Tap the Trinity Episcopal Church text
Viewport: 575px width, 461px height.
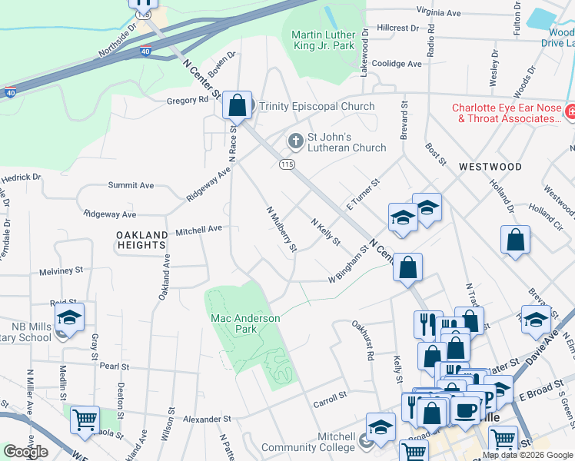point(317,107)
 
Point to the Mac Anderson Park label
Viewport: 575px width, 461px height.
point(246,323)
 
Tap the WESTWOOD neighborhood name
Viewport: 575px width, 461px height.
point(490,167)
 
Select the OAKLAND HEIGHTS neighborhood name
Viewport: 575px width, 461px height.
point(141,240)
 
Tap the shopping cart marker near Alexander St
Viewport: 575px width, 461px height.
point(85,420)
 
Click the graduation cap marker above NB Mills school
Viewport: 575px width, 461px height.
point(69,318)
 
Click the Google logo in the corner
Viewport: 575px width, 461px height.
point(25,452)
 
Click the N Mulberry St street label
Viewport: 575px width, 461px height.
point(281,228)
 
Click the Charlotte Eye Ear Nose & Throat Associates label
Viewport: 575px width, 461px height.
point(507,114)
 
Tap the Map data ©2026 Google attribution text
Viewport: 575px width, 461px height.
point(527,455)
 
